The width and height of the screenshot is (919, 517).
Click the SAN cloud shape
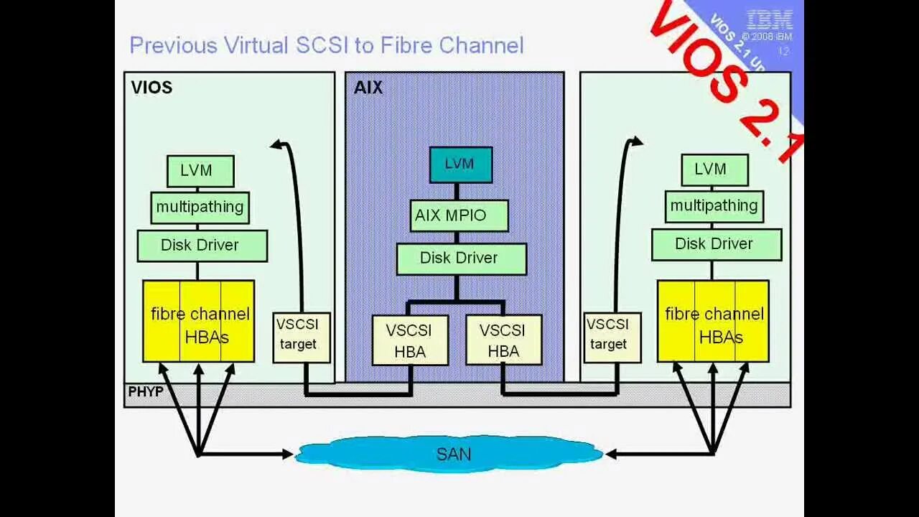tap(451, 454)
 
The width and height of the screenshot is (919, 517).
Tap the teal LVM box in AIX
tap(460, 164)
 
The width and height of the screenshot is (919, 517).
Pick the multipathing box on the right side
tap(714, 206)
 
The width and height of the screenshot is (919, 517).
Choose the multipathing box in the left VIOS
tap(200, 207)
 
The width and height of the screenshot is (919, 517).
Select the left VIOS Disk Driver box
tap(202, 246)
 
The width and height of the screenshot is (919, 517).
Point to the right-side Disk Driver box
tap(716, 244)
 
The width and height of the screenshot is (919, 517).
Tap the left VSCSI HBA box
tap(410, 340)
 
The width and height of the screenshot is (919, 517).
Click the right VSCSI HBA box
tap(503, 340)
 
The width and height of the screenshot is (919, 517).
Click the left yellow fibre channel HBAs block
tap(199, 321)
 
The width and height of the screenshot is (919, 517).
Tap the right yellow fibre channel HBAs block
tap(713, 321)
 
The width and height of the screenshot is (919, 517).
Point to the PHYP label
tap(145, 392)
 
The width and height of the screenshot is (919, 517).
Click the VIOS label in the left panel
tap(151, 88)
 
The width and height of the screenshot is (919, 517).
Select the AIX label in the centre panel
tap(368, 88)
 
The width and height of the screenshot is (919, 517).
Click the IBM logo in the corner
tap(769, 19)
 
